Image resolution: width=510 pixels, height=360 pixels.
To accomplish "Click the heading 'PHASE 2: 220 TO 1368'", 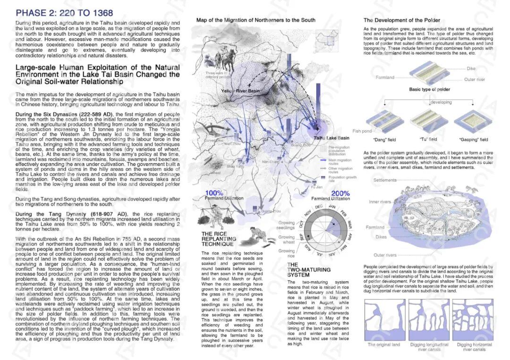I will [64, 13].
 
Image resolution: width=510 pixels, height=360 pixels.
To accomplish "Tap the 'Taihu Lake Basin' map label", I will [331, 138].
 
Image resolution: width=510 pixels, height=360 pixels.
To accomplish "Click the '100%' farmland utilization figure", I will [214, 193].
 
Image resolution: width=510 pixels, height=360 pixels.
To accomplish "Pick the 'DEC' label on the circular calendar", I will [319, 207].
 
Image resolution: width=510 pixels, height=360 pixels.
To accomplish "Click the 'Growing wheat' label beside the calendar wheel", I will [286, 240].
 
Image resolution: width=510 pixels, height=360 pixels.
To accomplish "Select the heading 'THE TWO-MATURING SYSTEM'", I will [298, 270].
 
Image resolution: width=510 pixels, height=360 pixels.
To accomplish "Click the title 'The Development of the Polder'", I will [401, 20].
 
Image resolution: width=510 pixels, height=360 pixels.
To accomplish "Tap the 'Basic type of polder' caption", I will [429, 89].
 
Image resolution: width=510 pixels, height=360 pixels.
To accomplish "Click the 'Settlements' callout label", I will [385, 180].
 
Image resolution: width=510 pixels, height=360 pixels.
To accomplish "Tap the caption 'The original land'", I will [384, 345].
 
